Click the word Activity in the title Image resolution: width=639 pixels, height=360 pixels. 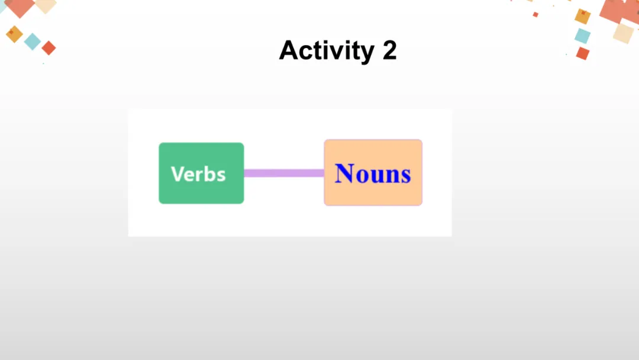point(326,51)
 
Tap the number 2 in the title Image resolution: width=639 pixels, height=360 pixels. point(389,51)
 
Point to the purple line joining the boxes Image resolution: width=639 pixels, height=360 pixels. point(284,173)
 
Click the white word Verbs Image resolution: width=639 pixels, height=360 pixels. point(198,174)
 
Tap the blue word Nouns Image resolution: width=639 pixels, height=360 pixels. point(373,173)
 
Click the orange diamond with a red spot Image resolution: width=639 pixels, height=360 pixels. point(14,34)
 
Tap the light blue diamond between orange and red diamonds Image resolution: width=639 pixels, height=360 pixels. point(33,41)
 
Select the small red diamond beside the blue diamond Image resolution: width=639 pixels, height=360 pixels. point(49,48)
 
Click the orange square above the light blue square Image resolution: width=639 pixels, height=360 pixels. point(583,17)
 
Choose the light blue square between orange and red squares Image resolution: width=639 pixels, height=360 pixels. point(582,36)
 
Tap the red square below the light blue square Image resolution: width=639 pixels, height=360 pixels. point(583,53)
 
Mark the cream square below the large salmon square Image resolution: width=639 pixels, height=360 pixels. point(623,32)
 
